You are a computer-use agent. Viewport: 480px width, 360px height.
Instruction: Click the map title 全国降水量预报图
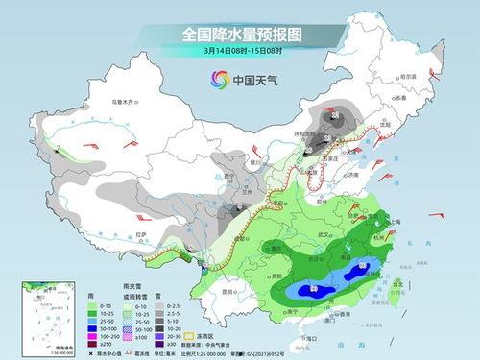click(240, 34)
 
